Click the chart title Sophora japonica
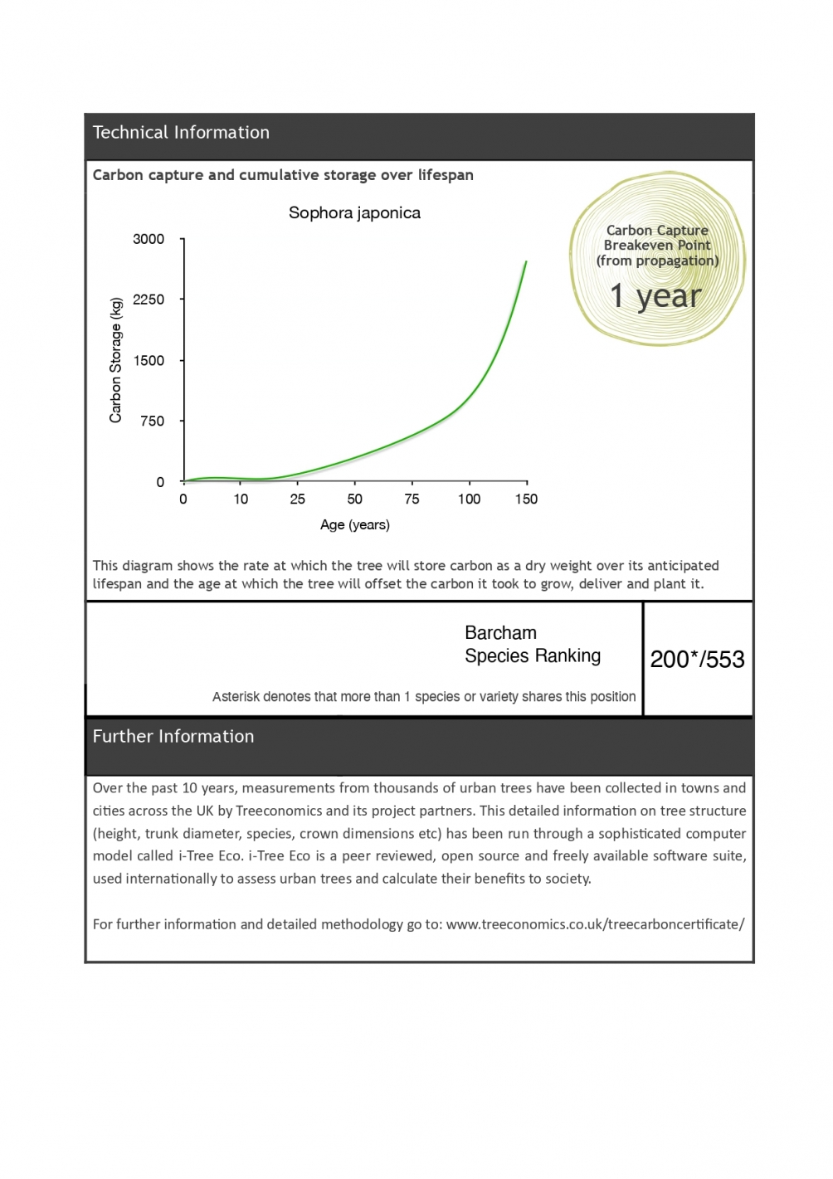(354, 212)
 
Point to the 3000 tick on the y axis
(149, 239)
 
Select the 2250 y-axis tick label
(149, 300)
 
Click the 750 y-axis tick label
(153, 421)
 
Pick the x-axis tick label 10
(241, 499)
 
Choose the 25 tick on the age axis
(297, 499)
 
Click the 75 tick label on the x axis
(412, 499)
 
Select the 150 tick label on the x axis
(526, 499)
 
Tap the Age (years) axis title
(355, 524)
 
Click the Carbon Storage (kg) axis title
(115, 360)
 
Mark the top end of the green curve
(525, 262)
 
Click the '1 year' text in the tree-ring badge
(655, 296)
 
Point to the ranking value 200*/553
(697, 659)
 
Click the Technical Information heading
(181, 132)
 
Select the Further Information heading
(173, 736)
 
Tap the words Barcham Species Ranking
(533, 645)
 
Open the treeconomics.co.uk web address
(595, 923)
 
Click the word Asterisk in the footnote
(235, 696)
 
